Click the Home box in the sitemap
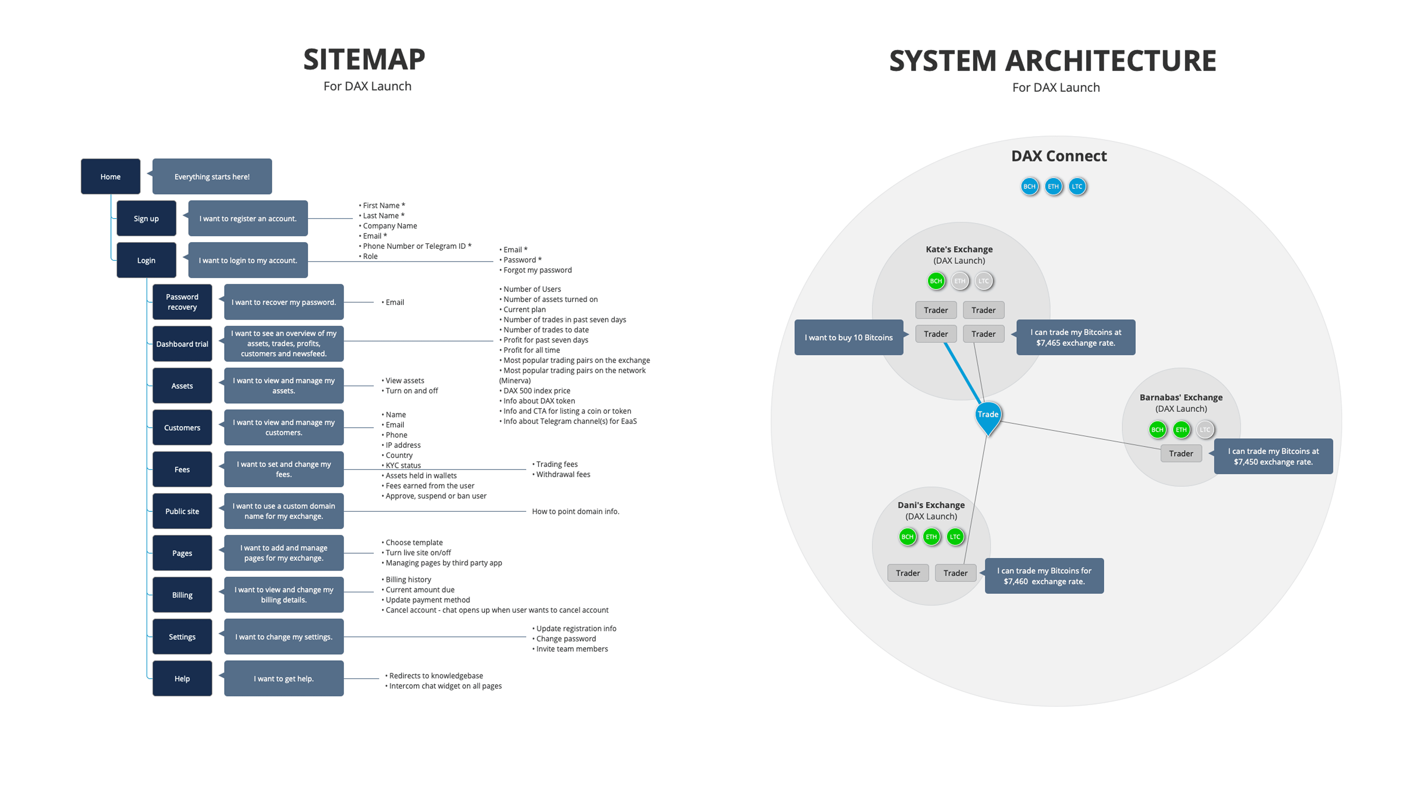click(x=110, y=177)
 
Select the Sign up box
click(x=146, y=219)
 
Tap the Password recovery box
click(x=182, y=302)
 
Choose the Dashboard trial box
click(x=182, y=344)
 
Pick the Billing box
click(x=182, y=595)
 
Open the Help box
click(x=182, y=679)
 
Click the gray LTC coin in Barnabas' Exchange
click(x=1205, y=430)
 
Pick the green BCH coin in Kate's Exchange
click(x=936, y=281)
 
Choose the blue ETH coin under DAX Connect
click(x=1053, y=187)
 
